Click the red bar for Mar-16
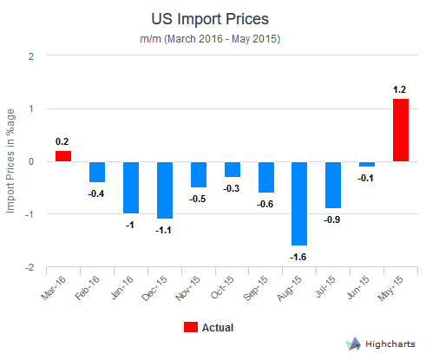point(63,156)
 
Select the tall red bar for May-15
point(401,130)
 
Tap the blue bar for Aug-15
point(299,203)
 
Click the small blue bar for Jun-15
point(367,164)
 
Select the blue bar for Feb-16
point(97,172)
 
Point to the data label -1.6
point(299,257)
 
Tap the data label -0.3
point(232,188)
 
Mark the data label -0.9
point(333,220)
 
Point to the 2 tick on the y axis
point(32,56)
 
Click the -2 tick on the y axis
point(29,267)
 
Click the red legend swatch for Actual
point(190,327)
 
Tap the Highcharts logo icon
point(353,344)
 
